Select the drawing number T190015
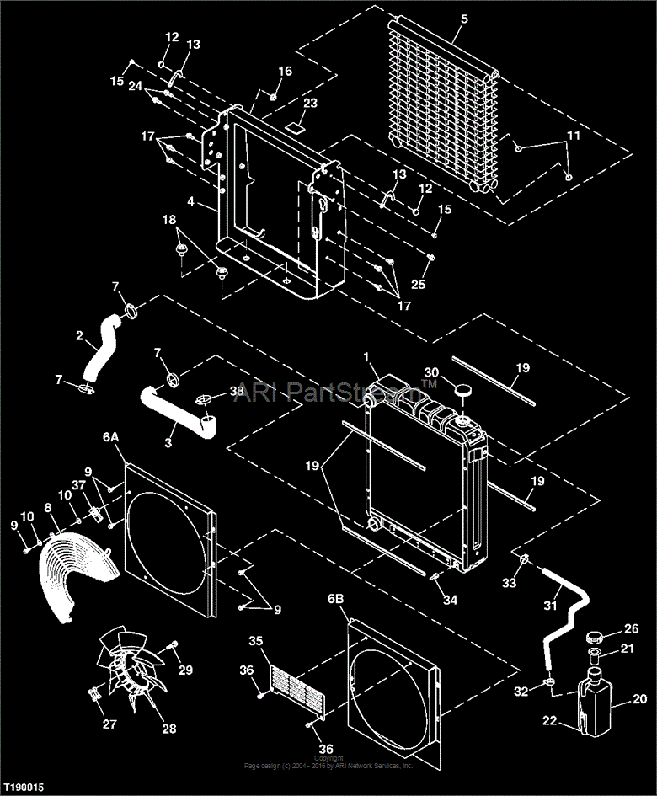pyautogui.click(x=23, y=788)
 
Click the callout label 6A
pyautogui.click(x=112, y=438)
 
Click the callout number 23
pyautogui.click(x=310, y=104)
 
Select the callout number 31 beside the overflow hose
pyautogui.click(x=550, y=605)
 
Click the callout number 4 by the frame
pyautogui.click(x=191, y=202)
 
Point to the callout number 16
pyautogui.click(x=286, y=72)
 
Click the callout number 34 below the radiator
pyautogui.click(x=451, y=600)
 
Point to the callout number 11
pyautogui.click(x=573, y=135)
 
